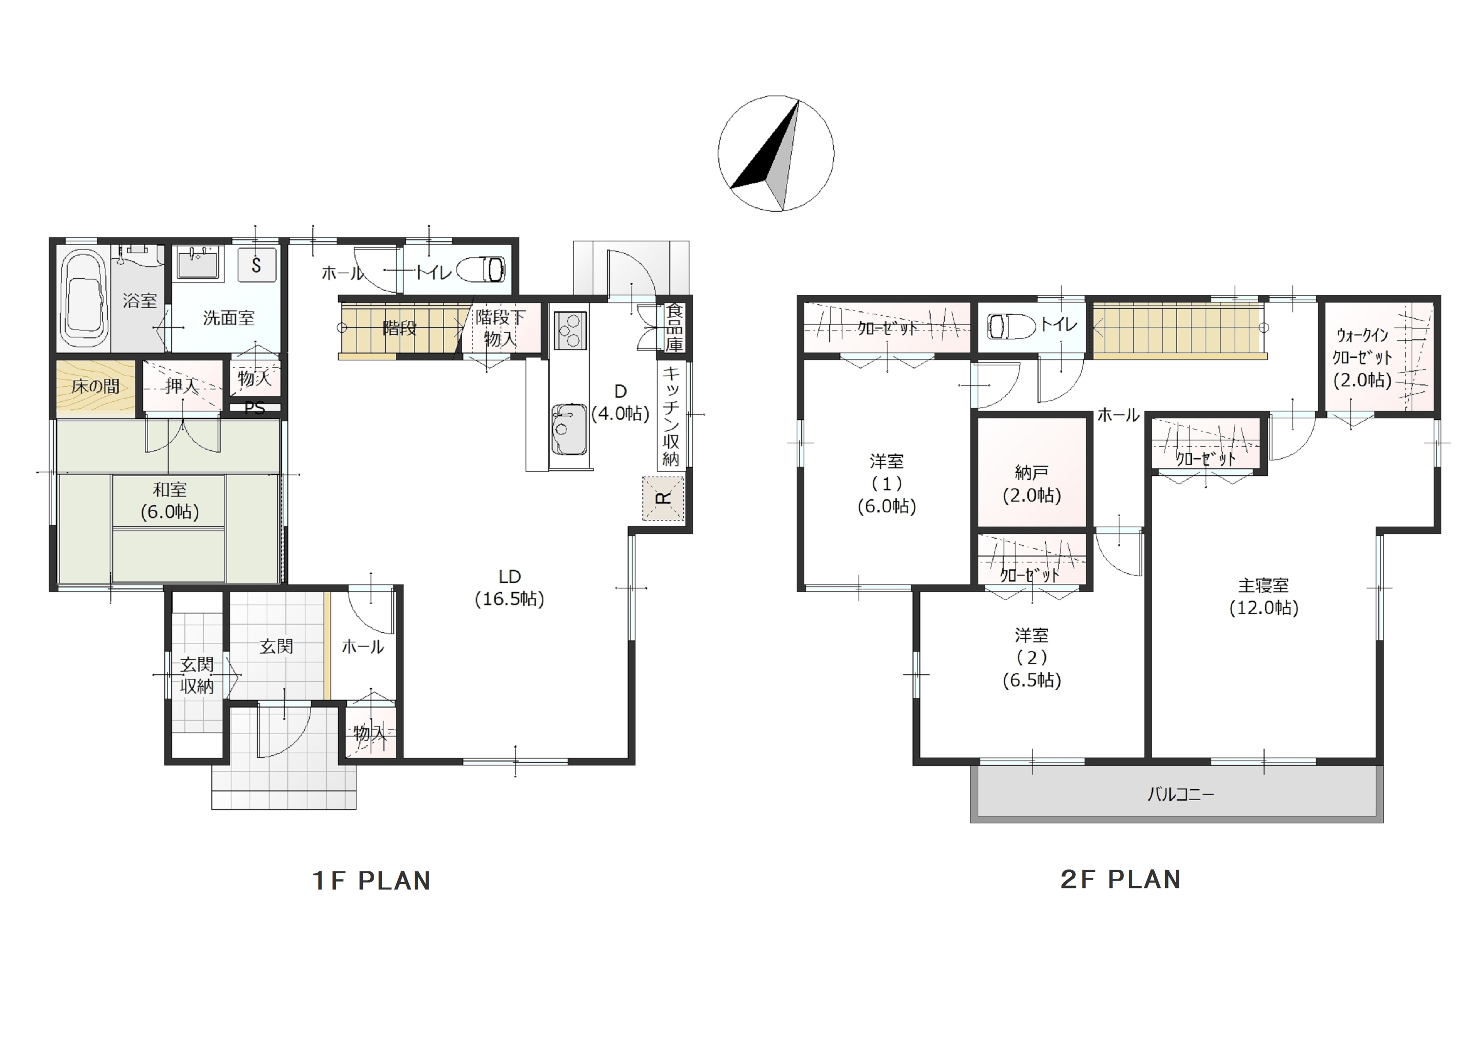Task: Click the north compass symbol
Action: coord(775,153)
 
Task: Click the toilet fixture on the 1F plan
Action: coord(481,270)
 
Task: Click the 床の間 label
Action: coord(96,386)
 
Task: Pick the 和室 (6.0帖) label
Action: coord(170,501)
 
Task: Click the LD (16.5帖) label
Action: coord(509,587)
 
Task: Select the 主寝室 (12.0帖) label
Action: coord(1264,596)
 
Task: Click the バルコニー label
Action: coord(1180,794)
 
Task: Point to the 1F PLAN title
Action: coord(372,881)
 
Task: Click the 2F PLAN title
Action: coord(1120,879)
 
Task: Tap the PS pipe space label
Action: coord(254,408)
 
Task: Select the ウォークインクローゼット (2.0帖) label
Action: coord(1362,357)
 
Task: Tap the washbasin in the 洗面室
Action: coord(198,263)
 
